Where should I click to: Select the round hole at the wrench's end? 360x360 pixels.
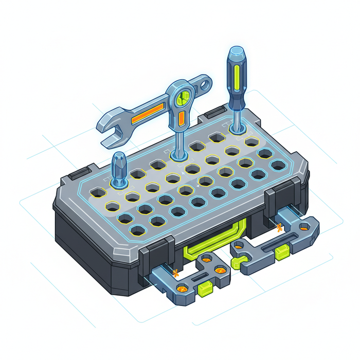(205, 83)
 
